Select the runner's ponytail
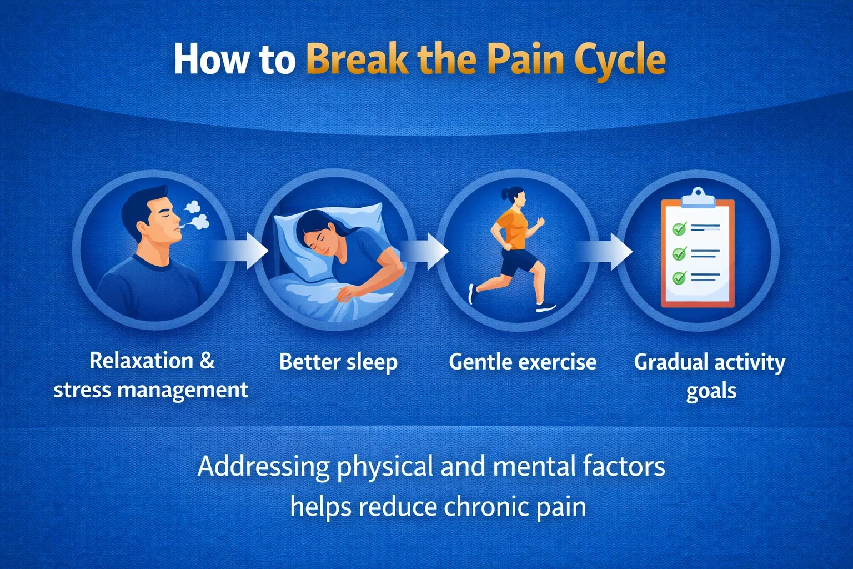[505, 195]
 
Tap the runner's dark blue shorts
[518, 261]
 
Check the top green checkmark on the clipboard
[679, 228]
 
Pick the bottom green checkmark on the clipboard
[679, 277]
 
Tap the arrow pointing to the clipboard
[608, 251]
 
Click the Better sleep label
[338, 362]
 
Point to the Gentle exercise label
[523, 362]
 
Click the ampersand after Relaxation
[207, 361]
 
